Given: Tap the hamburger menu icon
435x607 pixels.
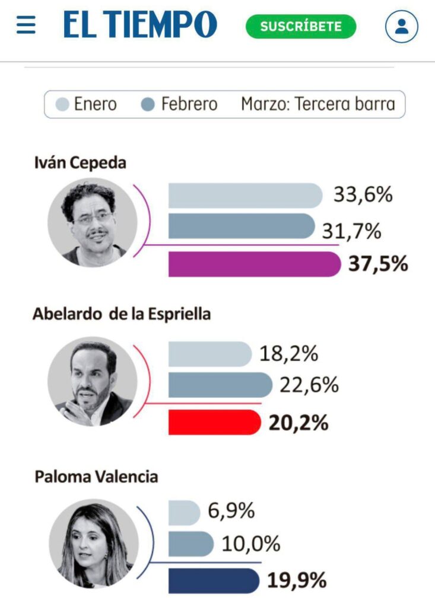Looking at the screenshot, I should (26, 25).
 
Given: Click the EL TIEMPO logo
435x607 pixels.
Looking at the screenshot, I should (140, 25).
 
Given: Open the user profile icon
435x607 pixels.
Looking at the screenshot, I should (401, 27).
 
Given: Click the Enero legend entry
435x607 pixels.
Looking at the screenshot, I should (88, 105).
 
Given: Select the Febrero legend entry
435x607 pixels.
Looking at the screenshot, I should (181, 105).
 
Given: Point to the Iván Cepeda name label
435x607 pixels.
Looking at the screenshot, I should (80, 162).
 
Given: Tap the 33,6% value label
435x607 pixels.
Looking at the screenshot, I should (363, 195).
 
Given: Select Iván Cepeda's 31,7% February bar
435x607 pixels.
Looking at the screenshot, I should (241, 226).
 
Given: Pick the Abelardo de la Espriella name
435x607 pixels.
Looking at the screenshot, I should (121, 314).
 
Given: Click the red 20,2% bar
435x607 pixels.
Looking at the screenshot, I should (214, 422).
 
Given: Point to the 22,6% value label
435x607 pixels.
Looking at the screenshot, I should (309, 385).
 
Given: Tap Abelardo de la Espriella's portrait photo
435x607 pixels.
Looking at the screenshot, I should (92, 381).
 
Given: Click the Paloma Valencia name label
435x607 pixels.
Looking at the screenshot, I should (96, 476).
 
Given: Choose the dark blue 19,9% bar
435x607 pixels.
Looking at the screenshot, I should (214, 580).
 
